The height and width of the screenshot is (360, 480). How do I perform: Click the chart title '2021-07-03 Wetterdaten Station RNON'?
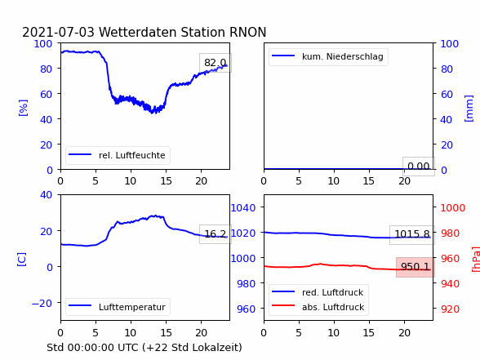tap(144, 32)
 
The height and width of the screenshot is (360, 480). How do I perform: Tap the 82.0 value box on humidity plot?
tap(216, 63)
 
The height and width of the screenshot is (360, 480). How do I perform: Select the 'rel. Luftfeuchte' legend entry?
tap(118, 155)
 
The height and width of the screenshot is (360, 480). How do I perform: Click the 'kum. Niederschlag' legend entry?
tap(328, 56)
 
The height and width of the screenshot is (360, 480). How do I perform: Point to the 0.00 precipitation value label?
tap(419, 167)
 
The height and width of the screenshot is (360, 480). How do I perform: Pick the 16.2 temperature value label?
tap(216, 234)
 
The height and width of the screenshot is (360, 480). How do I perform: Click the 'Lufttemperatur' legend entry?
tap(118, 307)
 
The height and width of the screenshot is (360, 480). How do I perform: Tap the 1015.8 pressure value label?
tap(412, 234)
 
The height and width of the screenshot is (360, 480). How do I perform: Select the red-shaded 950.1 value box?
tap(415, 267)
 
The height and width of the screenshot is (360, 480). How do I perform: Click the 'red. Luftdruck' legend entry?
tap(318, 292)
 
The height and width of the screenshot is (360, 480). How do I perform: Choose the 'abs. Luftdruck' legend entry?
tap(318, 307)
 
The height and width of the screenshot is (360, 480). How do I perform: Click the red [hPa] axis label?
tap(476, 259)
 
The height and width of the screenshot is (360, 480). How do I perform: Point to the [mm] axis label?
tap(469, 109)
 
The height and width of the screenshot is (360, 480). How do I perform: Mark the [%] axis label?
tap(23, 108)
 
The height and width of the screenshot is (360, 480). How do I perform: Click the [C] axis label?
tap(22, 260)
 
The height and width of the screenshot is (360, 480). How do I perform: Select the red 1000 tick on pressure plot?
tap(453, 208)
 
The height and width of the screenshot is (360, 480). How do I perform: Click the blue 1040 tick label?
tap(243, 208)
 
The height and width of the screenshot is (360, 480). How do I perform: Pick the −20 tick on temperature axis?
tap(42, 303)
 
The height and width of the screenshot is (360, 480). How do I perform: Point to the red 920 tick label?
tap(450, 309)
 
